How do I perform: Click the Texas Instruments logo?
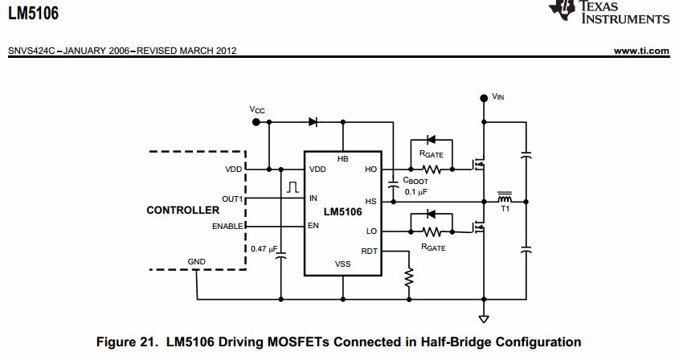click(608, 12)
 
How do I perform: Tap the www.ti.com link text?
click(641, 51)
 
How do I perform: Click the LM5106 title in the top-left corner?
click(33, 14)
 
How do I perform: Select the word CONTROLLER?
click(182, 211)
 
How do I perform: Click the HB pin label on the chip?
click(343, 159)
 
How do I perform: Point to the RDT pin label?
click(369, 251)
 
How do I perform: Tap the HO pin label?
click(370, 170)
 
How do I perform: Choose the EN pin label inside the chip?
click(313, 226)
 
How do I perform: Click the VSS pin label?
click(343, 264)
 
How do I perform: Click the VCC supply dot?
click(256, 122)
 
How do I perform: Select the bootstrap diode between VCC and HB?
click(313, 122)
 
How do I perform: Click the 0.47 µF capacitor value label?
click(264, 248)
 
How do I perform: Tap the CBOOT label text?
click(415, 182)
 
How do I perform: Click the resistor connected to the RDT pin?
click(408, 277)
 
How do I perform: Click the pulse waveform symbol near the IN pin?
click(290, 187)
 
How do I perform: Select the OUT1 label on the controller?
click(232, 198)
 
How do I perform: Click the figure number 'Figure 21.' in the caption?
click(127, 342)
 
